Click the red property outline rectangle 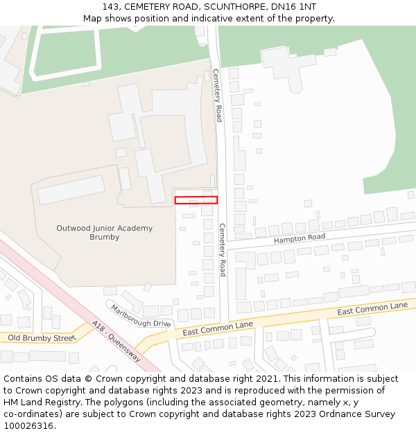tap(196, 200)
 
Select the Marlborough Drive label tap(140, 316)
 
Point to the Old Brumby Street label tap(40, 337)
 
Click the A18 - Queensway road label tap(116, 341)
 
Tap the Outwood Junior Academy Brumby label tap(104, 232)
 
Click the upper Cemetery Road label tap(217, 95)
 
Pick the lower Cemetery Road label tap(223, 249)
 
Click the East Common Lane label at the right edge tap(372, 308)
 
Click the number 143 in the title tap(111, 6)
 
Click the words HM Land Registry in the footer tap(37, 402)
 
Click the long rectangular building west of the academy tap(71, 190)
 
